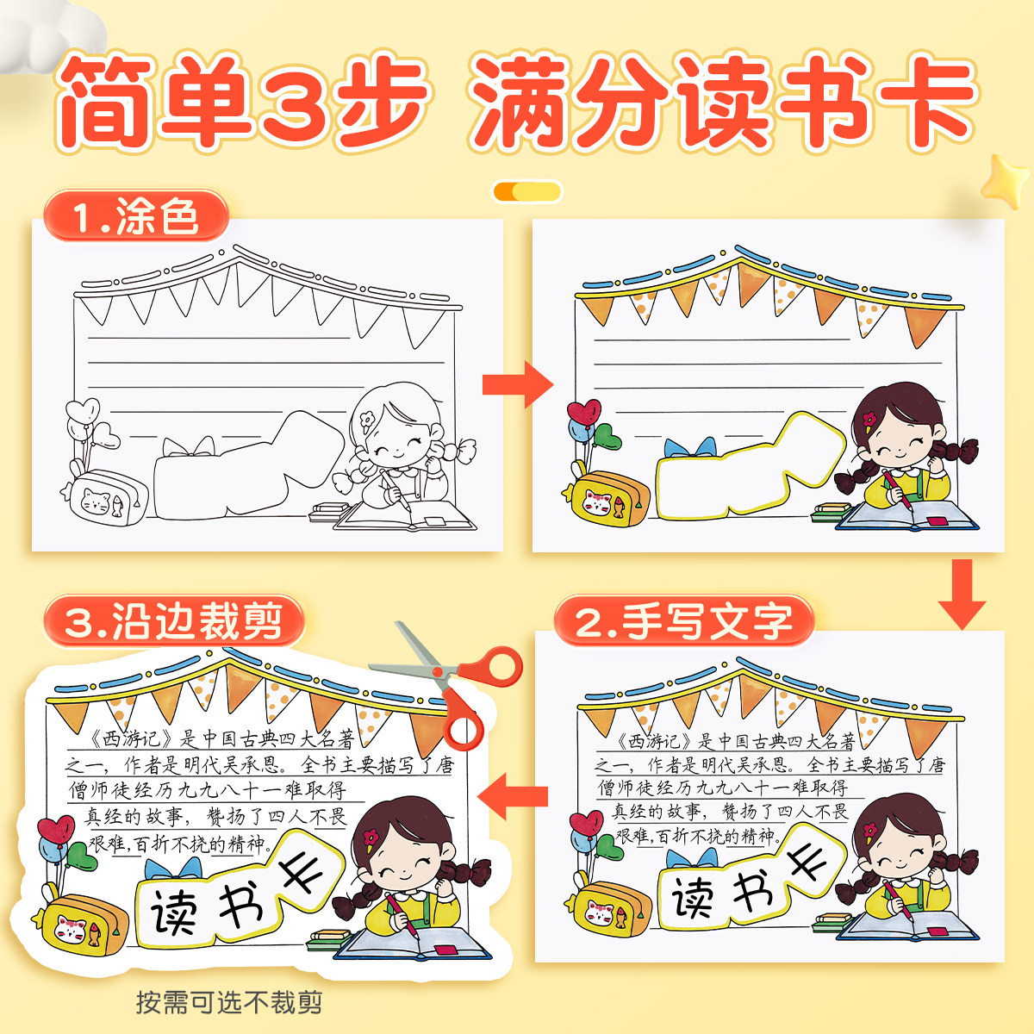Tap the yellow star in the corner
pos(1006,181)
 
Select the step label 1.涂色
pos(136,216)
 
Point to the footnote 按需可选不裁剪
pos(229,1002)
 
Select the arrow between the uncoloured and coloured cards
pos(517,384)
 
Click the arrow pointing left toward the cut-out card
pos(514,794)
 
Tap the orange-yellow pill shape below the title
pos(526,191)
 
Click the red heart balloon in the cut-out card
pos(56,832)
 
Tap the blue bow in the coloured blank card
pos(690,448)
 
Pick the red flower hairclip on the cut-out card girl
pos(372,836)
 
